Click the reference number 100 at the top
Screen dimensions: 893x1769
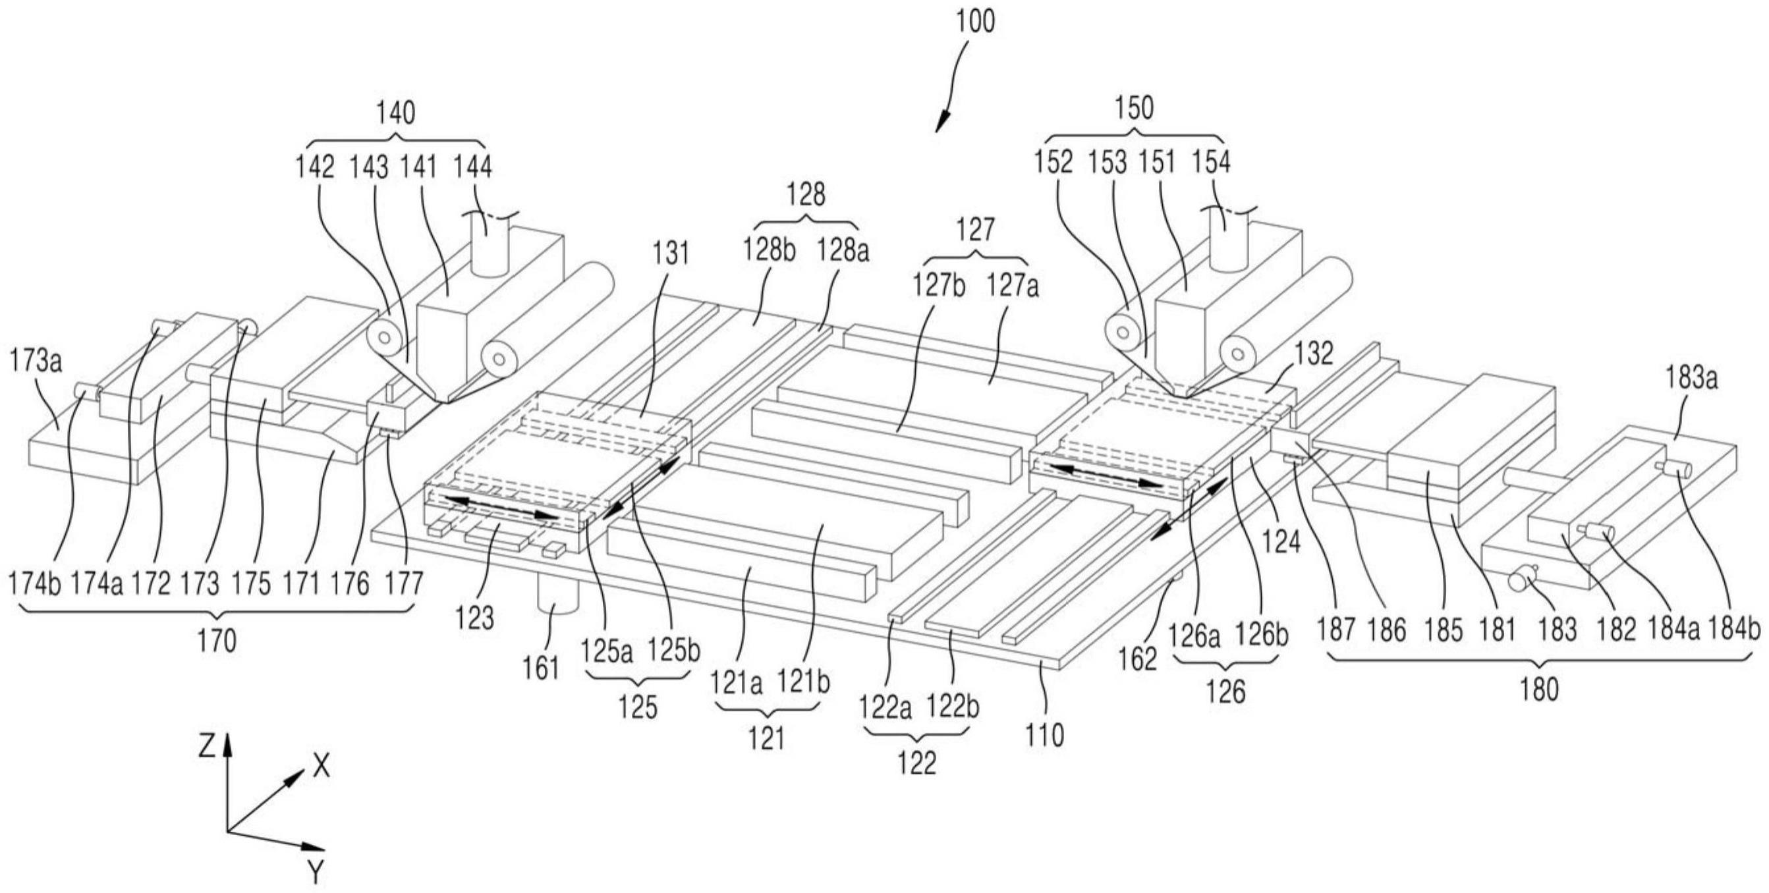(975, 21)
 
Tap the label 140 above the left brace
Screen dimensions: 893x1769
(395, 112)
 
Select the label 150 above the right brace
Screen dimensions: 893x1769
(1135, 108)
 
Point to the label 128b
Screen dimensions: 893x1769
(768, 250)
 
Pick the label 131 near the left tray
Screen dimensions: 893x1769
(670, 253)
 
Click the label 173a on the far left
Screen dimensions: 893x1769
(36, 360)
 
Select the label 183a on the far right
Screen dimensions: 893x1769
(1691, 377)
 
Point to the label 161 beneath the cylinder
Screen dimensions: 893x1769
(541, 668)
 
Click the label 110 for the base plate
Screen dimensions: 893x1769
(1044, 735)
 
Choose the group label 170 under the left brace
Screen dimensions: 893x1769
(217, 641)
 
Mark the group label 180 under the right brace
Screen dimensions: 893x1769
(1538, 689)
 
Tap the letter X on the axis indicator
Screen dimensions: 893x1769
(321, 765)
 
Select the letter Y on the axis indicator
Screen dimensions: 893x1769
(315, 873)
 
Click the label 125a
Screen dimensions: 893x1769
(607, 651)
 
